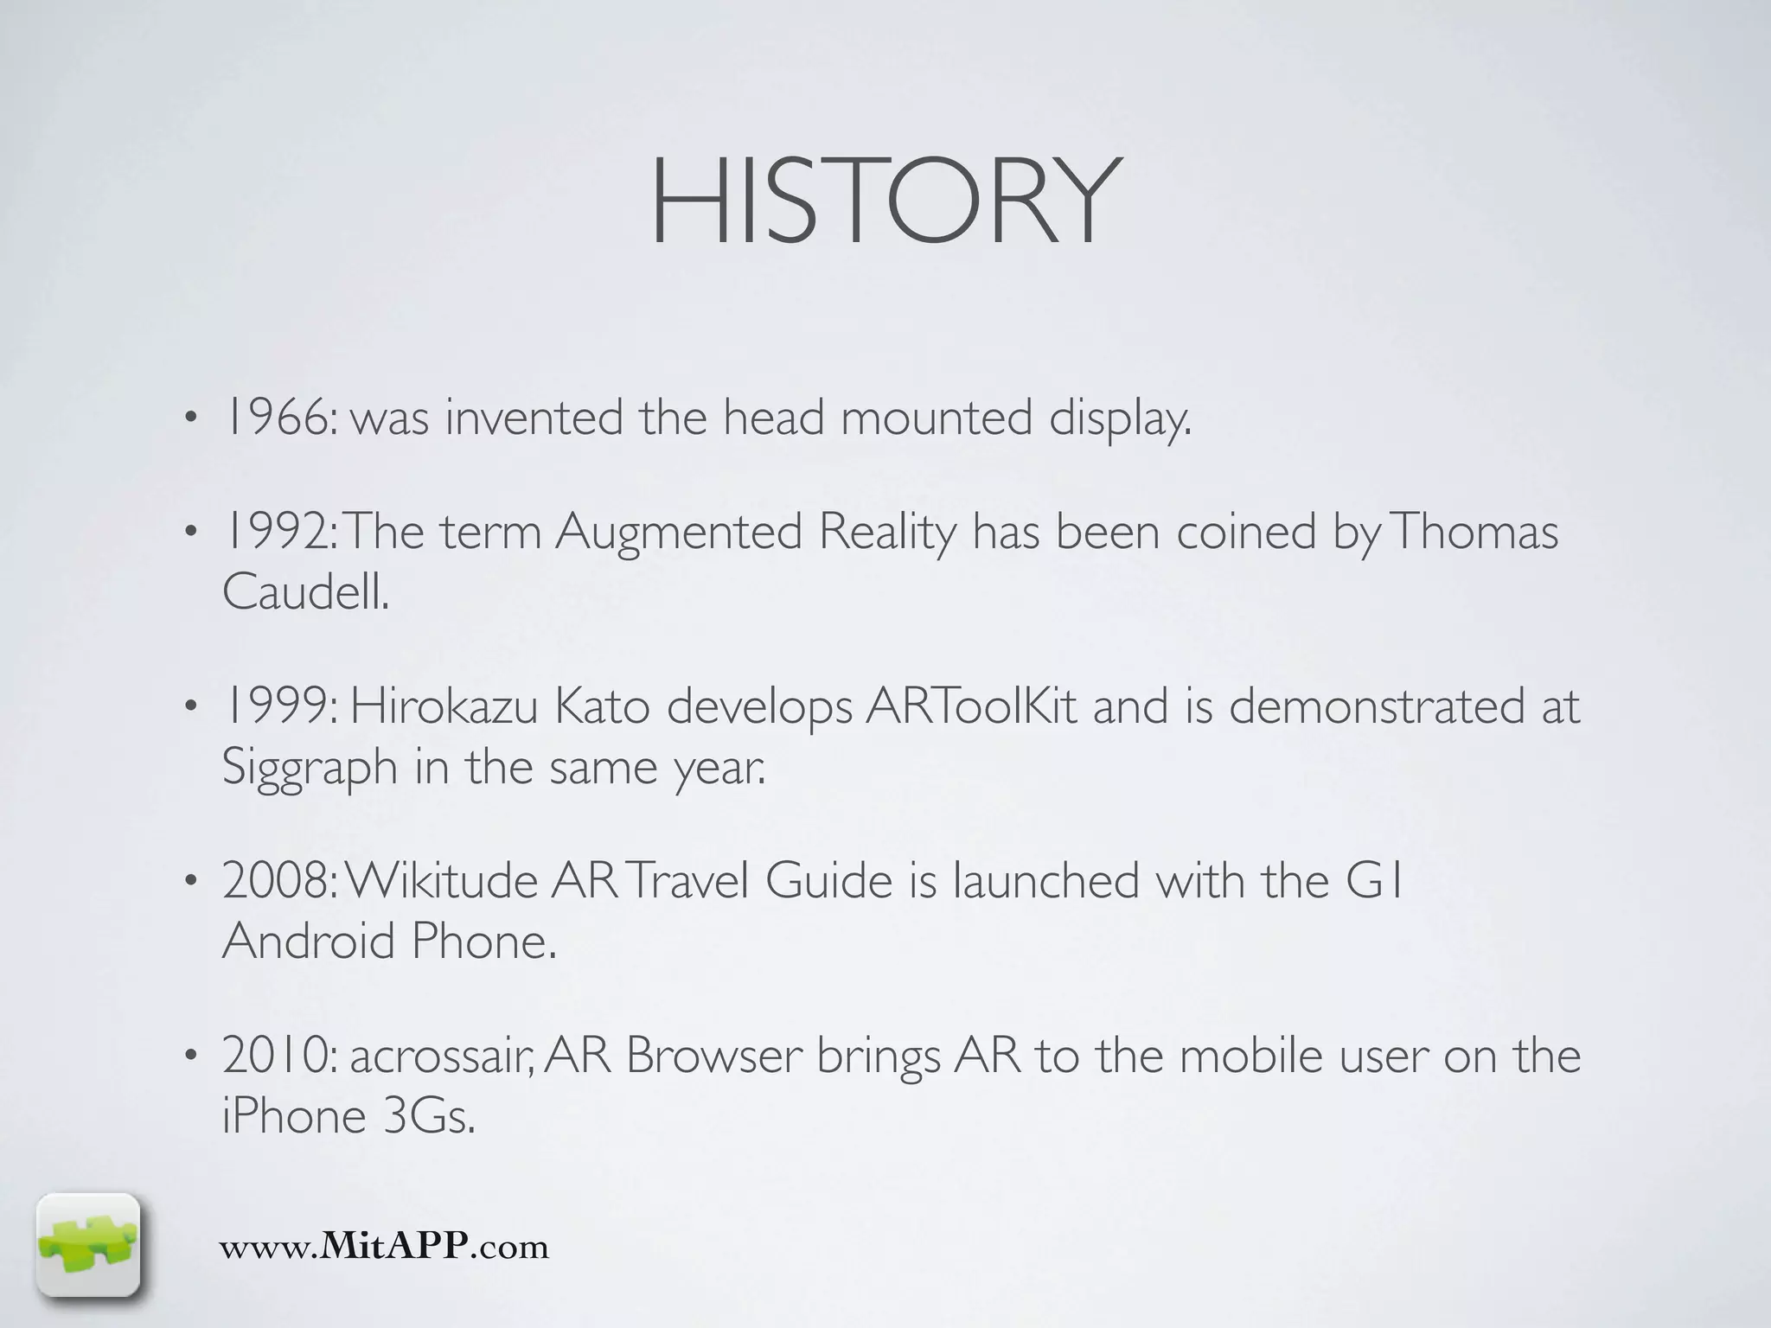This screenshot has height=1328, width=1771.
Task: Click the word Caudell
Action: tap(304, 593)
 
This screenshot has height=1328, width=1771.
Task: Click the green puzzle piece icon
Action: tap(87, 1246)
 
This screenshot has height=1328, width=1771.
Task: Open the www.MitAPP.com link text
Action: tap(384, 1247)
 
